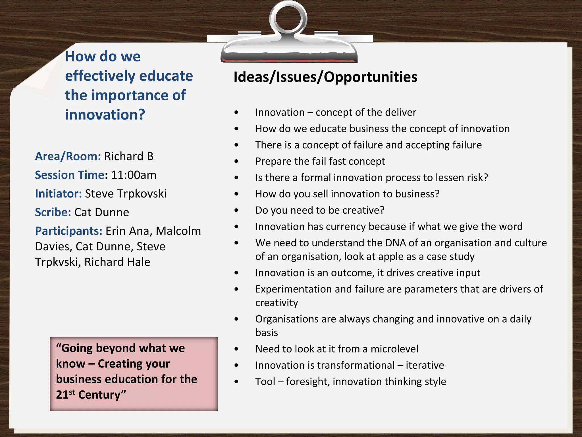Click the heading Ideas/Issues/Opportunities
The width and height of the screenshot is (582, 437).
(x=325, y=77)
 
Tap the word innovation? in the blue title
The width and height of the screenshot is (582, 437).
(x=105, y=115)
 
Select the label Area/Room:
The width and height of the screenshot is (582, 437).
(x=68, y=156)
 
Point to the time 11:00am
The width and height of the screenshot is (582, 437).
(x=134, y=175)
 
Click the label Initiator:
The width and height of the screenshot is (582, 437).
(x=59, y=194)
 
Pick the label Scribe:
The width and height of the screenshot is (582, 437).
(x=53, y=213)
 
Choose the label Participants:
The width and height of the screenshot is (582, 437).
(x=68, y=231)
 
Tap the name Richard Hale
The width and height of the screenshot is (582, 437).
(x=117, y=262)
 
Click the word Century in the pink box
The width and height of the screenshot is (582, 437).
(x=102, y=395)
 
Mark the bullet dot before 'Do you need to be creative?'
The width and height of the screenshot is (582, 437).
(x=236, y=211)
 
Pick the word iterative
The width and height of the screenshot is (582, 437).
(x=425, y=365)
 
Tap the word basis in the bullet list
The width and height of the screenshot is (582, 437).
(x=267, y=333)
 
